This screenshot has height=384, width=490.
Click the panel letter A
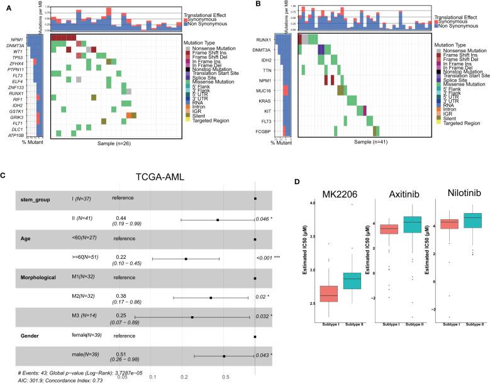coord(6,4)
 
